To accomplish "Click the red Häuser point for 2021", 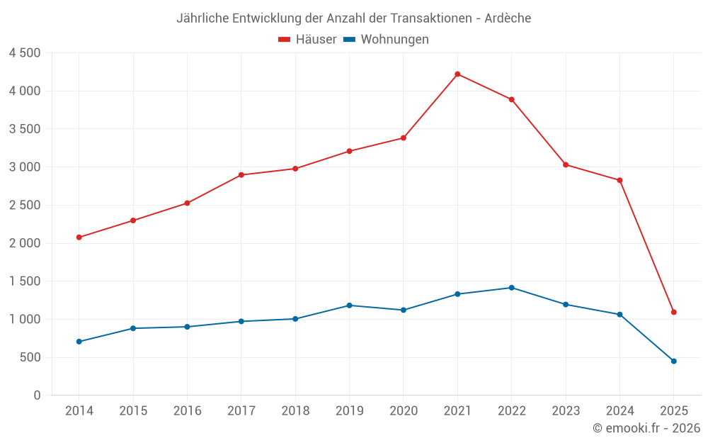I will pos(457,74).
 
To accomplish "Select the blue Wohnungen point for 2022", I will pos(511,288).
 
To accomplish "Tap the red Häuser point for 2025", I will pos(673,312).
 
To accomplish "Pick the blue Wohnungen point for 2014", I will pos(79,342).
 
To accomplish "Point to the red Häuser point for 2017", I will pos(241,175).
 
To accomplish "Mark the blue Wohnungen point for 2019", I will pos(349,305).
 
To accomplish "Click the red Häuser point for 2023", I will pos(566,164).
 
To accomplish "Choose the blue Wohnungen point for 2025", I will pos(673,361).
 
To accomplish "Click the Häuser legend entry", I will pos(308,40).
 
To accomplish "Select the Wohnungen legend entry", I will pos(387,40).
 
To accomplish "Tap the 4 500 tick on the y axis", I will pos(25,53).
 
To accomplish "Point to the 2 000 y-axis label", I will pos(25,243).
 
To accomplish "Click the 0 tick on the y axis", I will pos(38,396).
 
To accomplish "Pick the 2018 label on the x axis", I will pos(295,411).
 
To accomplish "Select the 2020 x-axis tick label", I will pos(404,411).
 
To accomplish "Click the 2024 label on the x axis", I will pos(619,411).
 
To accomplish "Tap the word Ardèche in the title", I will pos(508,18).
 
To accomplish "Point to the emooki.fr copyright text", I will pos(646,428).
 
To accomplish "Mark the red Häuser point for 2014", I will pos(79,237).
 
